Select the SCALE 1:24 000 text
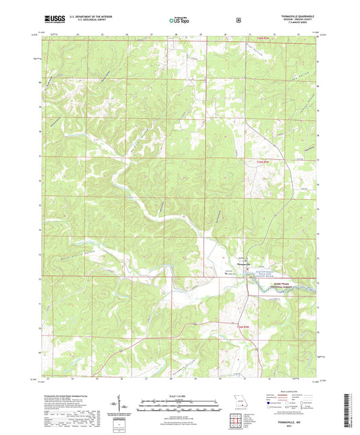[179, 395]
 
